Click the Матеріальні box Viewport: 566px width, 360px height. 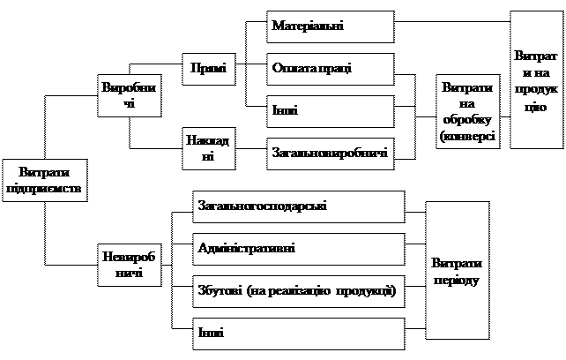coord(330,26)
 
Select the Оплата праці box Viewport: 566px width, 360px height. coord(330,69)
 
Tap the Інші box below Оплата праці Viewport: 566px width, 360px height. coord(330,111)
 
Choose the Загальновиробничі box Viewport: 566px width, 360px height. coord(330,154)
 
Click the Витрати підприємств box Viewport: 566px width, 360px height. coord(45,180)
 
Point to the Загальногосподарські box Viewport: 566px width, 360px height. coord(298,206)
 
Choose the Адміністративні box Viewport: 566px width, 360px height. coord(298,248)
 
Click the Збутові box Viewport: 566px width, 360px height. coord(298,290)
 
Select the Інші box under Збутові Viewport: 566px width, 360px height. coord(298,333)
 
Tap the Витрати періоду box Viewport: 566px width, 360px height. coord(457,271)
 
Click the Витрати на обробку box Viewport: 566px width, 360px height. coord(467,112)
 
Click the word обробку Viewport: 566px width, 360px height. coord(468,120)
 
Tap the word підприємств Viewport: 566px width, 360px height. coord(45,188)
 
